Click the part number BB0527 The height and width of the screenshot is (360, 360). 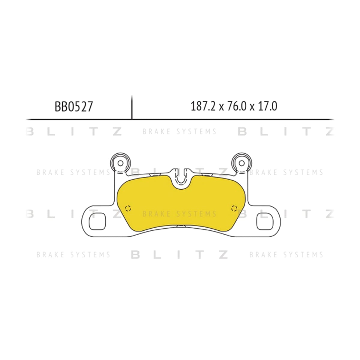(73, 107)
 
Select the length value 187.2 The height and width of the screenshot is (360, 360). (203, 106)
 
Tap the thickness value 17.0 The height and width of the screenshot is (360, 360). (268, 106)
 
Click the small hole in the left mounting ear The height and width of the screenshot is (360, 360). (121, 163)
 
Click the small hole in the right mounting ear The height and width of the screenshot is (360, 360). (241, 163)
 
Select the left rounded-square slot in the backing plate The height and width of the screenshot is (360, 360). (97, 221)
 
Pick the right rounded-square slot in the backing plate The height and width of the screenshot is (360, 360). (265, 221)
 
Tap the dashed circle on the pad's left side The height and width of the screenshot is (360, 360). (128, 208)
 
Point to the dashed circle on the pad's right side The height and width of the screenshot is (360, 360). (234, 208)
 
